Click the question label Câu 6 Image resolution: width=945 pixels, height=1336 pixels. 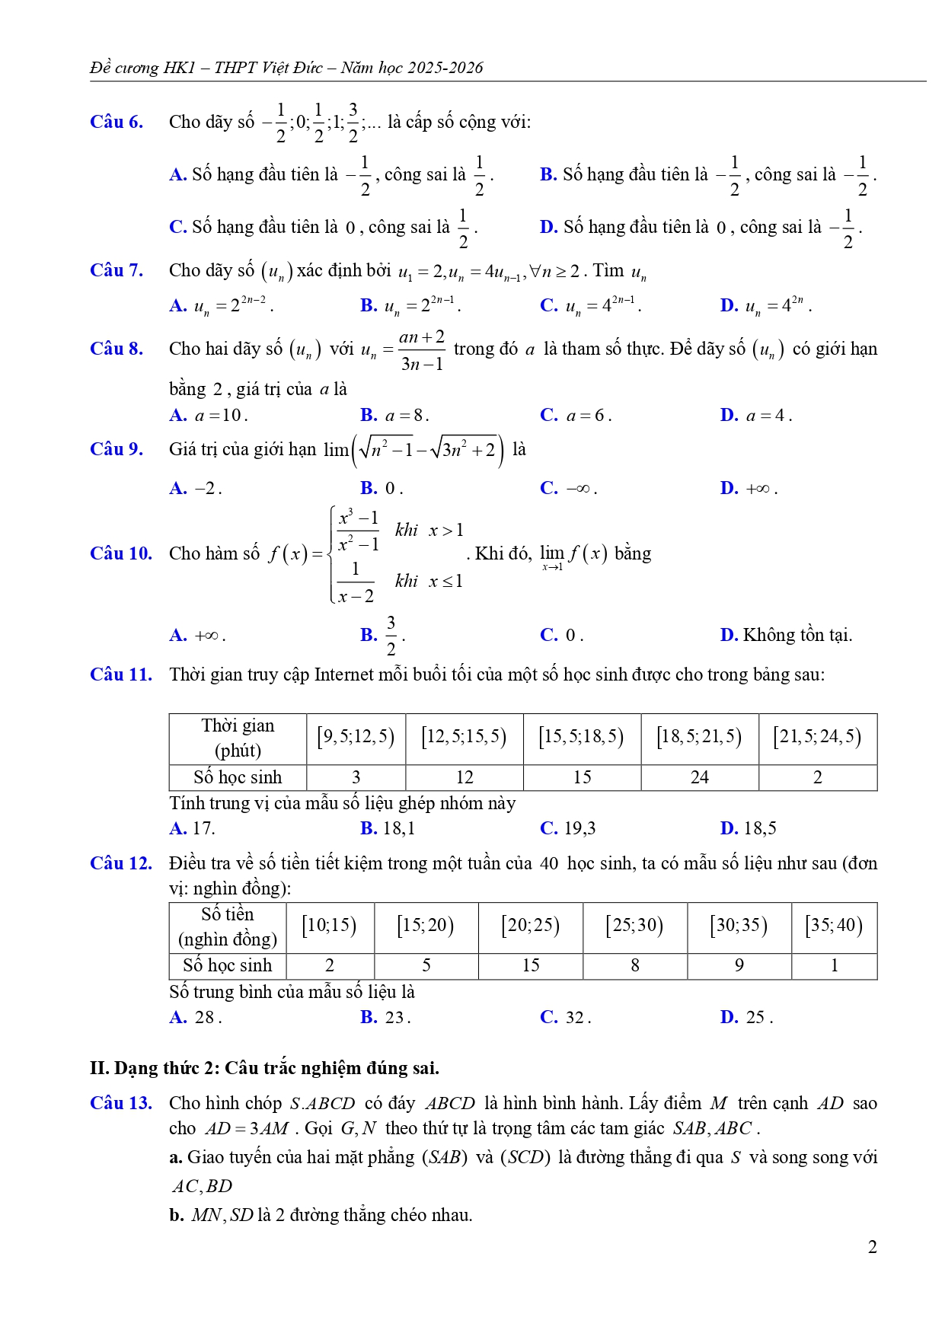tap(117, 122)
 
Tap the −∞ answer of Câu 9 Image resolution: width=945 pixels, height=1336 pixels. tap(578, 489)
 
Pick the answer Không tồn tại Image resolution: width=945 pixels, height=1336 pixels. tap(797, 635)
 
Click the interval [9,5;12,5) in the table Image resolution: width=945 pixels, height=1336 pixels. tap(356, 737)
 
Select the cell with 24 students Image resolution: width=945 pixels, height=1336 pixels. tap(699, 777)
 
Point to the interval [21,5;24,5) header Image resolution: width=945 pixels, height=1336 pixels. tap(817, 737)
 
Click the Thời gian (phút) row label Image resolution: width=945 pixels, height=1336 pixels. tap(238, 738)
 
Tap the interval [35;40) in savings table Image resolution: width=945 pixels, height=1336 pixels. tap(834, 926)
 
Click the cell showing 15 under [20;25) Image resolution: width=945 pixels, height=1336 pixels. tap(531, 965)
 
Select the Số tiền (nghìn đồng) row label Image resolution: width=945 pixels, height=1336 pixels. tap(228, 926)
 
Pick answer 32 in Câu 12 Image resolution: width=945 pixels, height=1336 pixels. tap(576, 1017)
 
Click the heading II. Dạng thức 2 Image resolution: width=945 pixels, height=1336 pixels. tap(264, 1068)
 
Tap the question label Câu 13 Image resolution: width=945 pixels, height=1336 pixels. tap(120, 1103)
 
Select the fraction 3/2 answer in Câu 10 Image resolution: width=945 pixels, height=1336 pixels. tap(391, 635)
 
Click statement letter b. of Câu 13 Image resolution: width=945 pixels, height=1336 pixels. tap(177, 1215)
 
